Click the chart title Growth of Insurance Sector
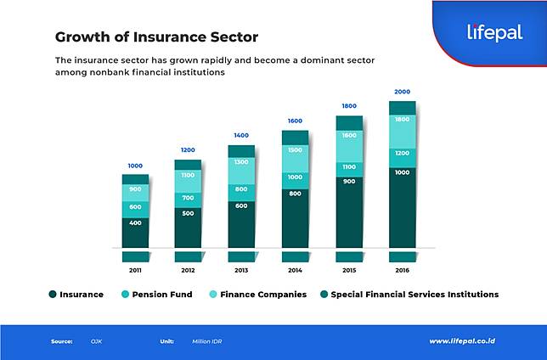tap(156, 37)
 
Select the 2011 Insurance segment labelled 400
tap(135, 222)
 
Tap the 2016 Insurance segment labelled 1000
tap(402, 172)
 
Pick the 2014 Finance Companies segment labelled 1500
tap(295, 149)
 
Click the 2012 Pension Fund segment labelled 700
tap(188, 198)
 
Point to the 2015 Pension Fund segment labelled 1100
tap(348, 167)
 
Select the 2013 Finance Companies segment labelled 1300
tap(241, 161)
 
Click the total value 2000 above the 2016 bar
tap(402, 92)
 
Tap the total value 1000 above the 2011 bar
tap(135, 166)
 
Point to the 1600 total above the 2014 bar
tap(295, 121)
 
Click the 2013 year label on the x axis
tap(241, 270)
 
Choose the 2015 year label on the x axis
tap(348, 270)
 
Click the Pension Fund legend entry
tap(161, 295)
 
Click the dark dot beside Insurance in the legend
tap(52, 295)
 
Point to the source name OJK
tap(96, 341)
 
